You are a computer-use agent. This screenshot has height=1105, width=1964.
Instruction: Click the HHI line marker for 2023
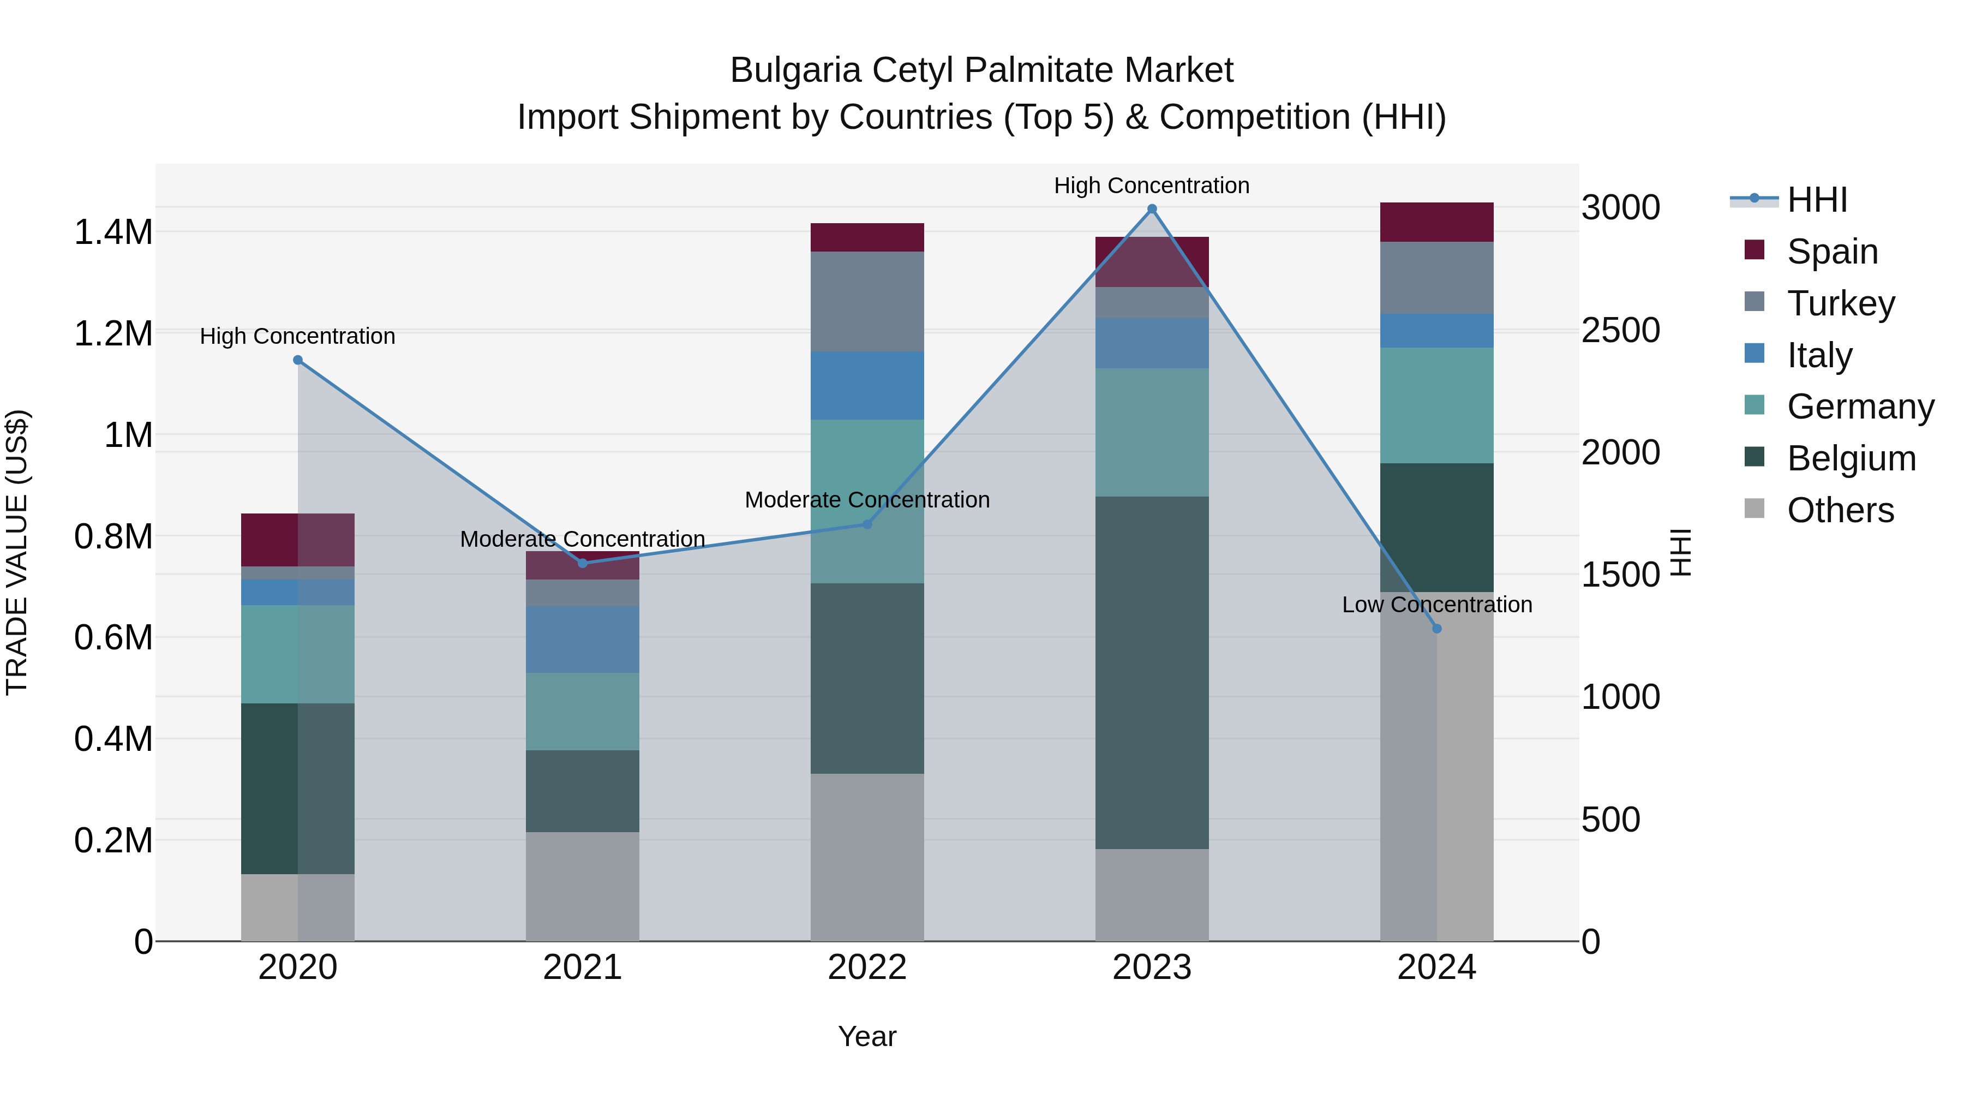pos(1152,209)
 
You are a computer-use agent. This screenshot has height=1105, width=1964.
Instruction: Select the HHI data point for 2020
pos(298,360)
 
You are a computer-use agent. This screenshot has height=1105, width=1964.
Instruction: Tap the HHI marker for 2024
pos(1436,629)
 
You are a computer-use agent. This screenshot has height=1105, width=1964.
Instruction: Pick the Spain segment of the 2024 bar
pos(1436,222)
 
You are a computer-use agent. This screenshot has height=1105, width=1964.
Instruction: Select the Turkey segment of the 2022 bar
pos(867,301)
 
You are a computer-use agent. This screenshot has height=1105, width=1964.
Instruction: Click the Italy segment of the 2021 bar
pos(583,639)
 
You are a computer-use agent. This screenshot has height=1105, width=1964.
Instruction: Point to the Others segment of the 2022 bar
pos(867,857)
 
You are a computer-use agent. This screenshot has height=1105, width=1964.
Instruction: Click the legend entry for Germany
pos(1860,407)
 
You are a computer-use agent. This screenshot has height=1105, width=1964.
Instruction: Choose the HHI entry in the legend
pos(1817,200)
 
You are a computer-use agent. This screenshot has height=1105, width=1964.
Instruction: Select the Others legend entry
pos(1840,510)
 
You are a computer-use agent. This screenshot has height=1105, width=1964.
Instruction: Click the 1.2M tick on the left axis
pos(113,334)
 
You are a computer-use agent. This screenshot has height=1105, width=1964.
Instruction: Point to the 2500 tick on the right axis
pos(1620,330)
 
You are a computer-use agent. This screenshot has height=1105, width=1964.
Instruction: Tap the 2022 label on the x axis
pos(867,967)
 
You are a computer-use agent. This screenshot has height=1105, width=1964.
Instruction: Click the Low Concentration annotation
pos(1436,605)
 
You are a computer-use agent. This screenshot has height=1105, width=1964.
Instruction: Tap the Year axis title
pos(867,1036)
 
